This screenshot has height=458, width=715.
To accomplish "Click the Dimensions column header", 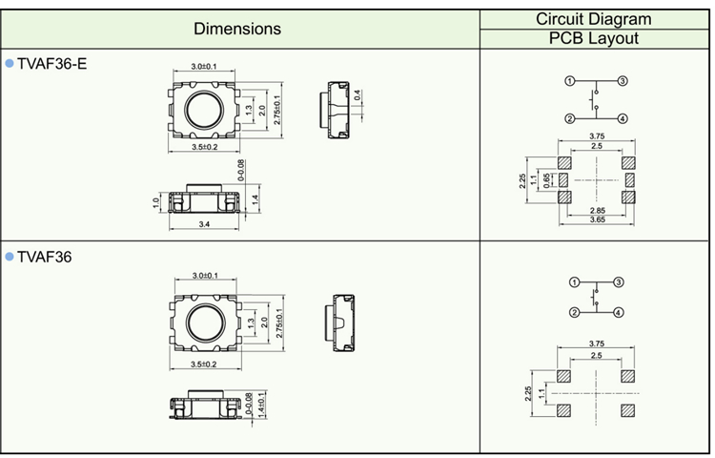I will click(x=237, y=29).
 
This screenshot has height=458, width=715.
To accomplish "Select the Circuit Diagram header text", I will click(x=593, y=18).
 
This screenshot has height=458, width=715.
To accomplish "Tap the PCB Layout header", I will click(x=593, y=38).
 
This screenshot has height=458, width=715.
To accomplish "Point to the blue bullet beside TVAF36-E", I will click(x=10, y=63).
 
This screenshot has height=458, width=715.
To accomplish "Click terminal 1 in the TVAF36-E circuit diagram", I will click(x=569, y=82).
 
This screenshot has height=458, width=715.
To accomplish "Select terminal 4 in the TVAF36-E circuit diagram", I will click(x=622, y=118).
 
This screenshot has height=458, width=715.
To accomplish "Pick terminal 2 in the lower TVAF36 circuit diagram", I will click(x=575, y=313).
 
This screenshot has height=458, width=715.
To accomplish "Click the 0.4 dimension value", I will click(x=357, y=94).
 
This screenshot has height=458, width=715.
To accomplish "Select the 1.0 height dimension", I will click(x=155, y=202).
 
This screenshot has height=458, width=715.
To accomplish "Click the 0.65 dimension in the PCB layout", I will click(x=547, y=178).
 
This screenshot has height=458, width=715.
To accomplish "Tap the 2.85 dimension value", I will click(x=597, y=209).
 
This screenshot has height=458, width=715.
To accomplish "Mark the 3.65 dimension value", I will click(x=597, y=220).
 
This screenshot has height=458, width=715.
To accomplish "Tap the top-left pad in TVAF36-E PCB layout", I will click(x=563, y=162).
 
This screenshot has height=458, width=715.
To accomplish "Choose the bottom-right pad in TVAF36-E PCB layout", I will click(x=628, y=196).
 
